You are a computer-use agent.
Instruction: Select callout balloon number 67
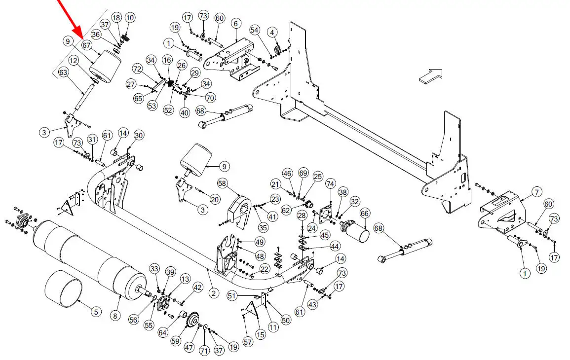87,45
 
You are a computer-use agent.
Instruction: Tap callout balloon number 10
130,18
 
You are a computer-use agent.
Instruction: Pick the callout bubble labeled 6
235,24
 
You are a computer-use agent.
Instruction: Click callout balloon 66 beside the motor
365,214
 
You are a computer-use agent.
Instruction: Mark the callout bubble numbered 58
222,183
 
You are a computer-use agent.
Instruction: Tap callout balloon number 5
96,311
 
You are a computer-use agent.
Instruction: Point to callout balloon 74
330,183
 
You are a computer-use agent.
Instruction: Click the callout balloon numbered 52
168,110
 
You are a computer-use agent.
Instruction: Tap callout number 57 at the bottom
248,341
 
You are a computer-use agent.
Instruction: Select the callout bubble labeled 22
265,269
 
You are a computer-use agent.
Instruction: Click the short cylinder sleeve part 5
63,291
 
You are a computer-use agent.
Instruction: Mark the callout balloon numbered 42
198,288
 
